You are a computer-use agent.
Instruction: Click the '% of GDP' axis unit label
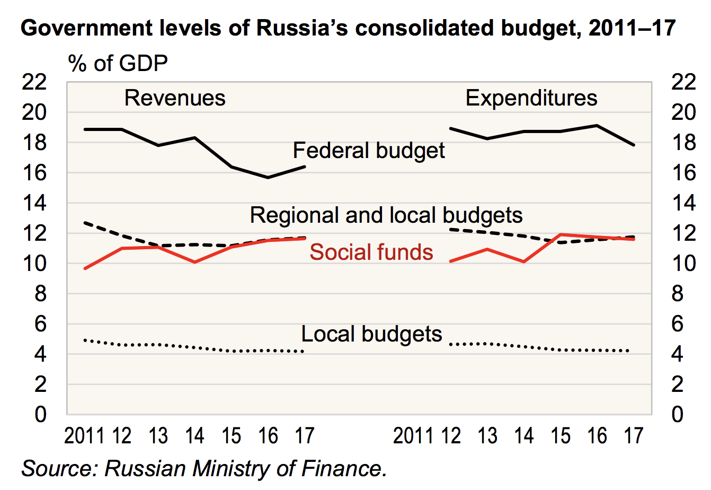[x=118, y=64]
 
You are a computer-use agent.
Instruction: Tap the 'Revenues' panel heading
[x=175, y=98]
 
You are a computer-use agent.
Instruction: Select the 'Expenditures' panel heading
[x=531, y=98]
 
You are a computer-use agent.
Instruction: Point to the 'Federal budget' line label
[x=369, y=151]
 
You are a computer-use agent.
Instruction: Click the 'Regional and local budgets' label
[x=386, y=215]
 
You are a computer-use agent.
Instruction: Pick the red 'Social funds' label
[x=371, y=252]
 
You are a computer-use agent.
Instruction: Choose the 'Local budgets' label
[x=371, y=334]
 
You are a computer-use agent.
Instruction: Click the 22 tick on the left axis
[x=41, y=82]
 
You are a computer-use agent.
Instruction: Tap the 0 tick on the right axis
[x=678, y=414]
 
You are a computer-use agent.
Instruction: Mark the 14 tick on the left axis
[x=41, y=203]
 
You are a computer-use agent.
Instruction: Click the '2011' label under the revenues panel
[x=84, y=436]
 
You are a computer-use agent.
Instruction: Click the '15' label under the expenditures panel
[x=561, y=436]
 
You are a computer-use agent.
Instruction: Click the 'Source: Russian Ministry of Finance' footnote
[x=203, y=469]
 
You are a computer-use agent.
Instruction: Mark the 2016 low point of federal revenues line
[x=268, y=177]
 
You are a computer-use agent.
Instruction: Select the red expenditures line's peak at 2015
[x=561, y=234]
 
